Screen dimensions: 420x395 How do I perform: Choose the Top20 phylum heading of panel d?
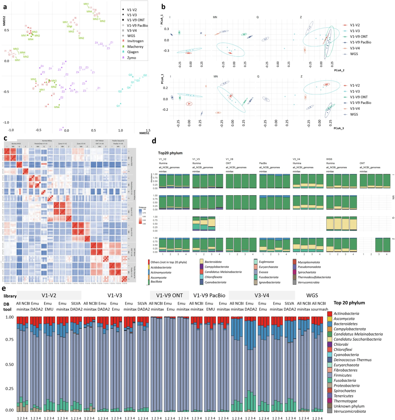(x=170, y=153)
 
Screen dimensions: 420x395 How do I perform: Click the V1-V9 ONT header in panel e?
(x=169, y=295)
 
